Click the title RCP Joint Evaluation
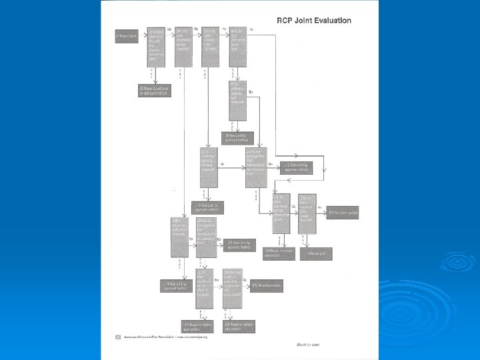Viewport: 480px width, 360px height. (x=313, y=21)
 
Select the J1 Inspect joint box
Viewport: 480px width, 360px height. (x=126, y=35)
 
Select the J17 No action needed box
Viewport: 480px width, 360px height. (x=344, y=213)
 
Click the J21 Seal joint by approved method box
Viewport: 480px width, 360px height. (x=238, y=245)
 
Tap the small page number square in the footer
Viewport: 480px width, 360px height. (x=117, y=337)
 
